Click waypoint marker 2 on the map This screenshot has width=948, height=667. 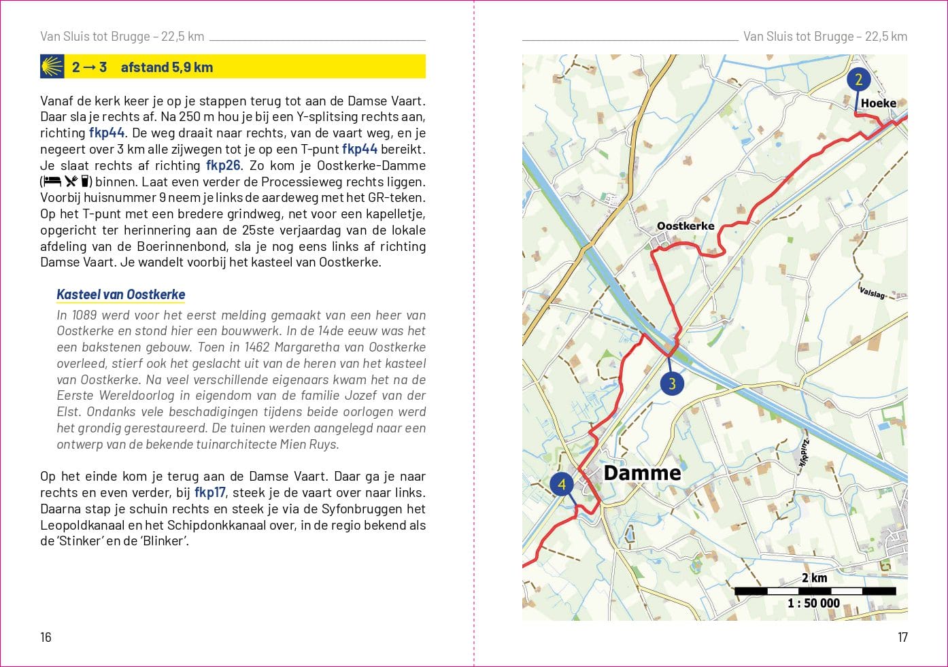(x=858, y=80)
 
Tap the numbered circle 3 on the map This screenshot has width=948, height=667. (x=672, y=383)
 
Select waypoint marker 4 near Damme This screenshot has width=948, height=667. (x=562, y=485)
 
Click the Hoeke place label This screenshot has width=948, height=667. (x=878, y=103)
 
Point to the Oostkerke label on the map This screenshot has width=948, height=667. (x=685, y=226)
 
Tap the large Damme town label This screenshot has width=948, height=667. (x=642, y=473)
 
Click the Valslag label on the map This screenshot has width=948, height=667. (x=873, y=292)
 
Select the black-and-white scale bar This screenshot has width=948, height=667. (x=815, y=591)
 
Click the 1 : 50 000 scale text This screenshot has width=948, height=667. (x=813, y=603)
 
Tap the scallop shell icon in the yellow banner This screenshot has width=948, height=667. (x=52, y=67)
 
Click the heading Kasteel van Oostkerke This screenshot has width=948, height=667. (x=121, y=294)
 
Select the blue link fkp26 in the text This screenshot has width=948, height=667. (x=223, y=165)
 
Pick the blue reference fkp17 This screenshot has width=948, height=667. (x=209, y=492)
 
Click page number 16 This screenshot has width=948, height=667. (x=46, y=637)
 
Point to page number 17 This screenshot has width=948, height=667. (x=902, y=637)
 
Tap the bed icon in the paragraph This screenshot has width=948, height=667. (x=52, y=182)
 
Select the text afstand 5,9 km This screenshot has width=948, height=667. (x=167, y=67)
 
